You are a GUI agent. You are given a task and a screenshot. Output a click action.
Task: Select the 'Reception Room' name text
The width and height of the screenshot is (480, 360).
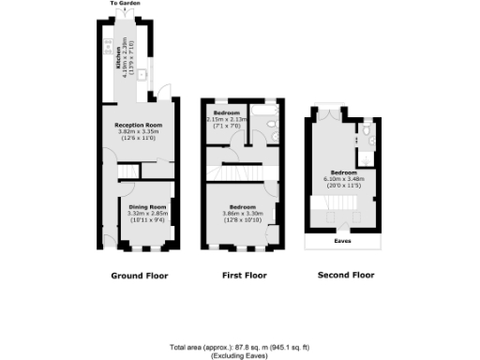pos(140,125)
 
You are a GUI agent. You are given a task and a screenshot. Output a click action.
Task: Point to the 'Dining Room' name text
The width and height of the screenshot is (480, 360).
pos(147,206)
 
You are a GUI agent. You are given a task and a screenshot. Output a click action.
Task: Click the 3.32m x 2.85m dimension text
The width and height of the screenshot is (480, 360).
pos(147,213)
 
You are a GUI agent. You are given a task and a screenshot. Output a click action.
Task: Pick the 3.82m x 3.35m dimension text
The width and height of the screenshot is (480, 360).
pos(140,131)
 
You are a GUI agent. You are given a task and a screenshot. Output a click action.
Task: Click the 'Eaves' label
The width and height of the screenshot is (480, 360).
pos(344,239)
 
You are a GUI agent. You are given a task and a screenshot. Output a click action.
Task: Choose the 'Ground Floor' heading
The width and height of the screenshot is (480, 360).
pos(138,276)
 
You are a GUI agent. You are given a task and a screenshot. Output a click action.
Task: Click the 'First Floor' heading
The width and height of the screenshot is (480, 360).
pos(243,276)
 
